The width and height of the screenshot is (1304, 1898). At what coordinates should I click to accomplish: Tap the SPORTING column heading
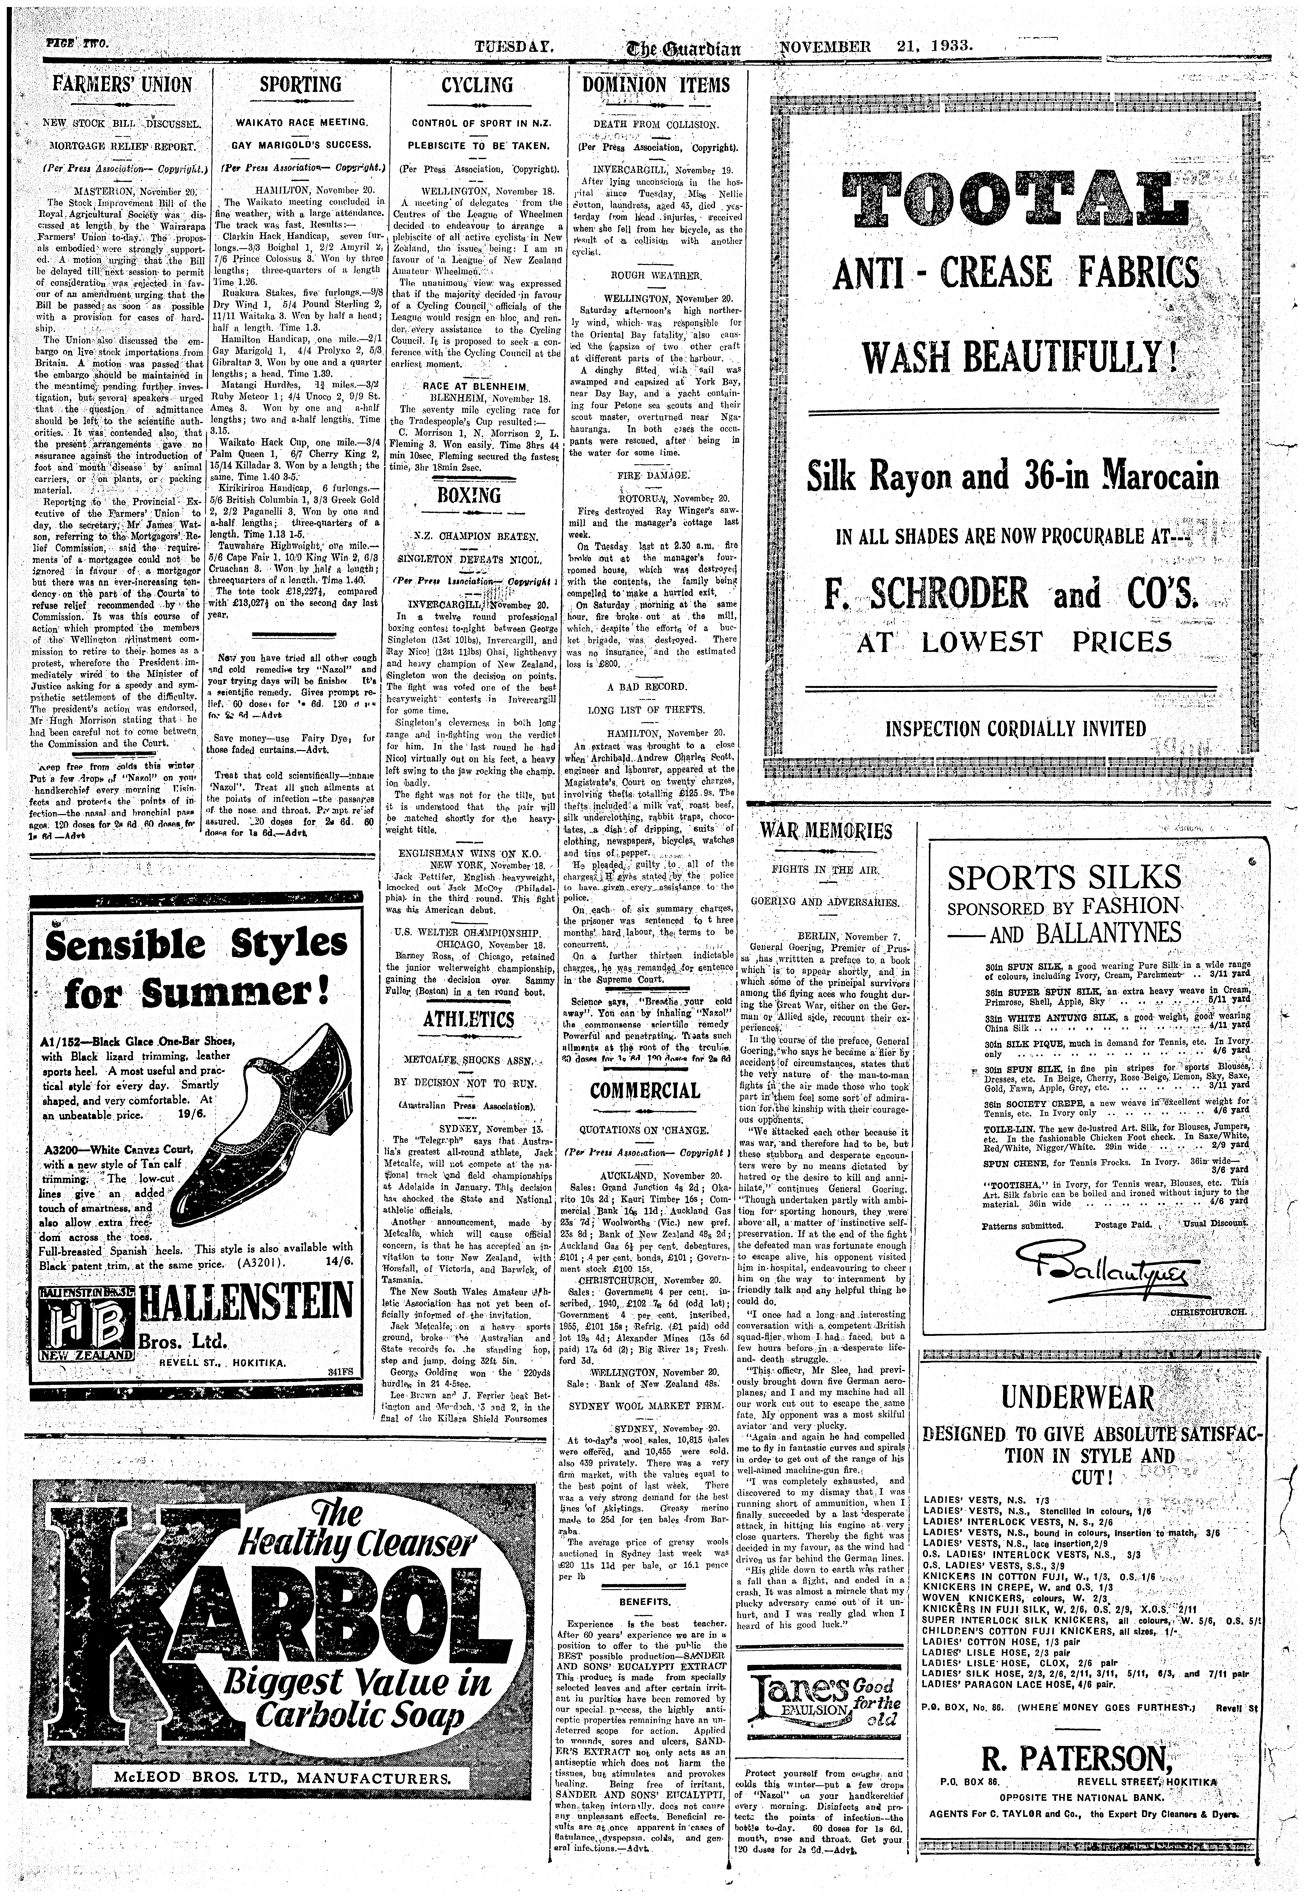point(301,85)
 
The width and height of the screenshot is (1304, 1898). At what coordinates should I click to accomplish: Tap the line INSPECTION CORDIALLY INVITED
point(1016,728)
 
